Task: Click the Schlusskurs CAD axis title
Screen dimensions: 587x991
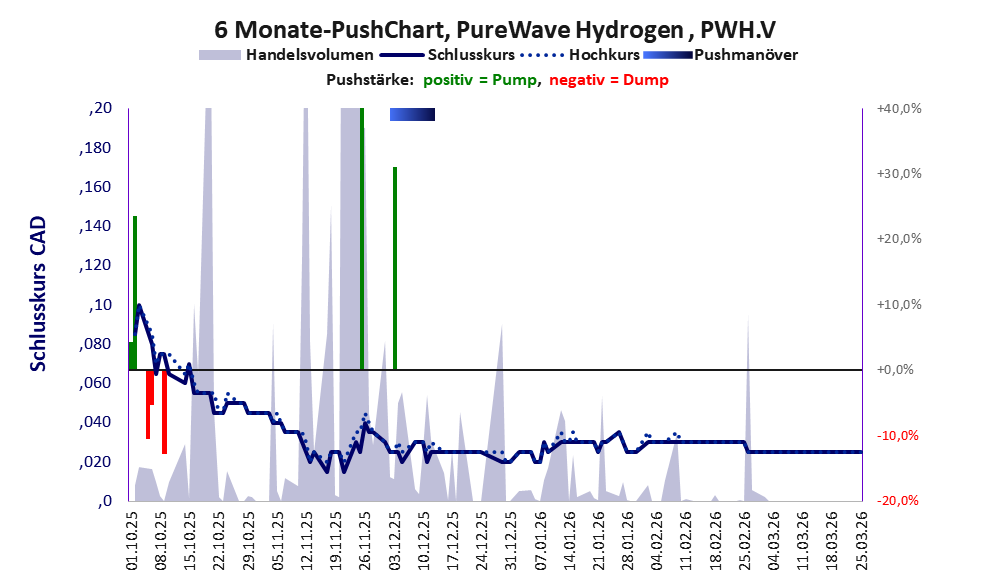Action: tap(38, 295)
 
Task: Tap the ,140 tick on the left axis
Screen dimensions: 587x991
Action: tap(96, 227)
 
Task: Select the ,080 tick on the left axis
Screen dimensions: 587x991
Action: tap(96, 344)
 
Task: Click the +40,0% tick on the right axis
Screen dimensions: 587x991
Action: tap(897, 108)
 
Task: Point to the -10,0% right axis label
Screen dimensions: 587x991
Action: tap(897, 435)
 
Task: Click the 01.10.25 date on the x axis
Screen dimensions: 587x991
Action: tap(132, 540)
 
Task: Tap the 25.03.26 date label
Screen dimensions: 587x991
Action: tap(862, 540)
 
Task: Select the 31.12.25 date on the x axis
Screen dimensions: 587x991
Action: tap(512, 540)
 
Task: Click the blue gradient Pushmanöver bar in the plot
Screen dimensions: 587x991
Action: tap(412, 114)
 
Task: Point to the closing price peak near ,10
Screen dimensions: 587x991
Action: tap(139, 305)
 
